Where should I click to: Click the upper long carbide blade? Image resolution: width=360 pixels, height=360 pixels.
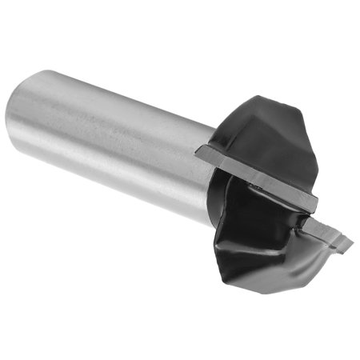click(256, 172)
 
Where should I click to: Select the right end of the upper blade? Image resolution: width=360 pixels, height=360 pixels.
click(314, 201)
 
